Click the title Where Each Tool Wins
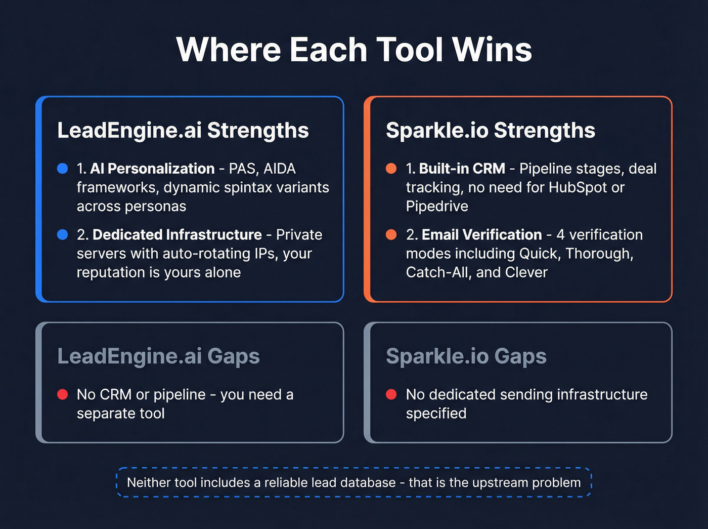[x=354, y=50]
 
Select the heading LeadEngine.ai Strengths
[x=183, y=131]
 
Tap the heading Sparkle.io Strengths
[x=490, y=131]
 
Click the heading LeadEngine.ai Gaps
[x=158, y=356]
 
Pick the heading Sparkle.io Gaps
[x=466, y=356]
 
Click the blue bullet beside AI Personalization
[x=63, y=169]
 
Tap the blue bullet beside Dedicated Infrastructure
[x=63, y=234]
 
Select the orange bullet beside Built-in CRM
[x=391, y=169]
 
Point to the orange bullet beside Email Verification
[x=391, y=234]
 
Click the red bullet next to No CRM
[x=63, y=394]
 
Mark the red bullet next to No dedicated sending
[x=391, y=394]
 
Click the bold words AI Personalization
[x=152, y=169]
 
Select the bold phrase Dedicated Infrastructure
[x=177, y=235]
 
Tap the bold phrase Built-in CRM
[x=462, y=169]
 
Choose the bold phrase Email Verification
[x=481, y=235]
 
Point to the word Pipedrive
[x=437, y=207]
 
